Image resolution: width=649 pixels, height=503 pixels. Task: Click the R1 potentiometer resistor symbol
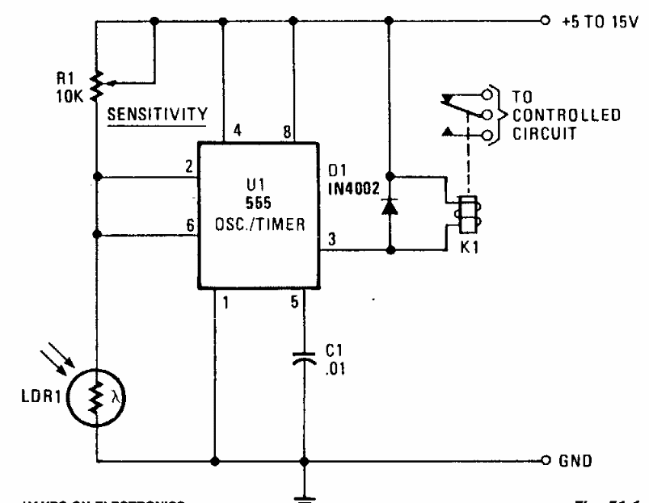97,83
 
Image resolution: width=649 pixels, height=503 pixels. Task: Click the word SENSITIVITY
158,114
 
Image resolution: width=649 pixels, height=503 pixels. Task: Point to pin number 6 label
189,227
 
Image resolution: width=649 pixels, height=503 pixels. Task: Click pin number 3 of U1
331,240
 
